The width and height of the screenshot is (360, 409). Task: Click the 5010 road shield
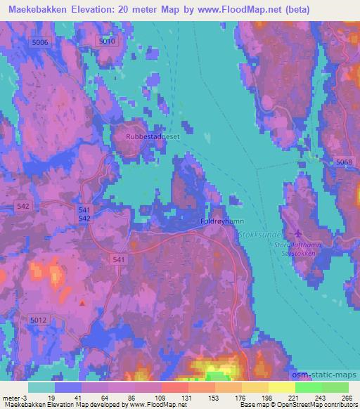point(107,41)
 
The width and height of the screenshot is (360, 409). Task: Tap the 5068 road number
point(344,162)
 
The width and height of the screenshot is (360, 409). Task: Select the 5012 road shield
point(38,320)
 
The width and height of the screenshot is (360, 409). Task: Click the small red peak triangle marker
point(83,304)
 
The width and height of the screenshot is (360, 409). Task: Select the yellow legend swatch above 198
point(255,387)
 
